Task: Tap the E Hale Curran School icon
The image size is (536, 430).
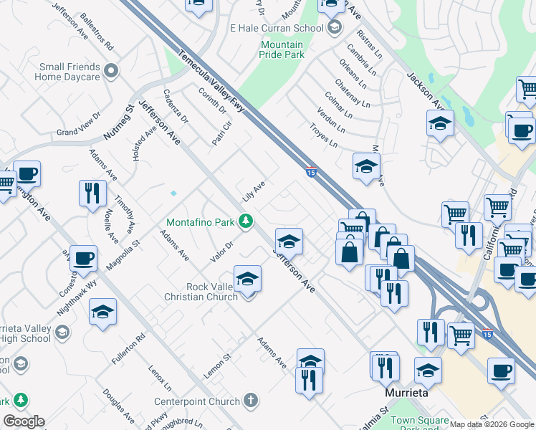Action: tap(334, 28)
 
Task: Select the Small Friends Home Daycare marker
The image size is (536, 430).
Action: tap(110, 70)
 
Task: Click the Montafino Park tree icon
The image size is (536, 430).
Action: tap(246, 221)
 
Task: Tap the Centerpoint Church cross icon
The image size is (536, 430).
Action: tap(250, 399)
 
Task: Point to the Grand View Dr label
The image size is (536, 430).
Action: tap(77, 132)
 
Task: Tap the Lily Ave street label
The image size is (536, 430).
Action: tap(254, 191)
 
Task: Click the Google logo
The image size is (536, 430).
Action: tap(24, 421)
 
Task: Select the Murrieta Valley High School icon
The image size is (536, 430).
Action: tap(63, 332)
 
